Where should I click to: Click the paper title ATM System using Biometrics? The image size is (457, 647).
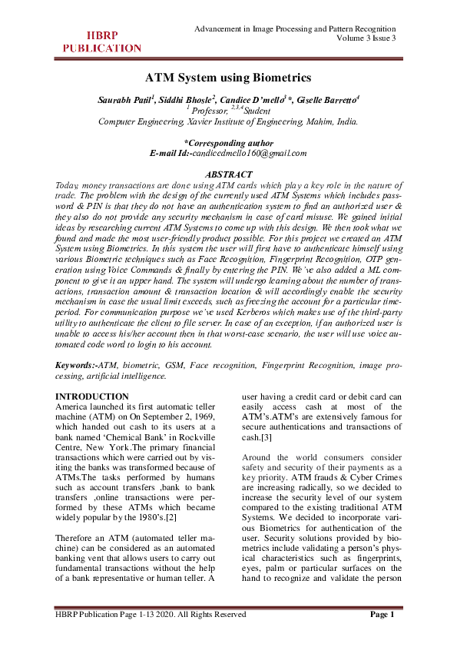point(228,78)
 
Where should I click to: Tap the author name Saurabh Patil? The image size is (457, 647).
point(124,101)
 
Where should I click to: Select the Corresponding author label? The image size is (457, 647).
point(228,142)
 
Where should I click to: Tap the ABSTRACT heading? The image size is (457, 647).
point(228,175)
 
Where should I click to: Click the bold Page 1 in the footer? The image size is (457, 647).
point(381,614)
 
